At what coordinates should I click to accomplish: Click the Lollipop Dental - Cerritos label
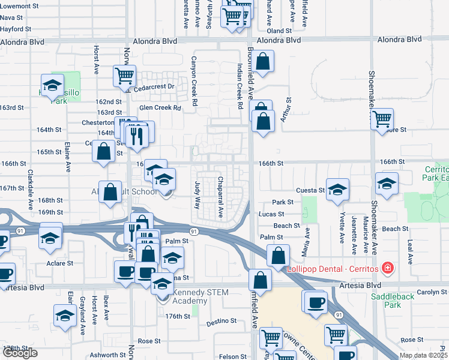333,268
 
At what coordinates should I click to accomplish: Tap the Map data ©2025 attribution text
423,355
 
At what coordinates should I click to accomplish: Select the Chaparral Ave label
220,197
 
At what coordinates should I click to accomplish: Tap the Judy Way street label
197,195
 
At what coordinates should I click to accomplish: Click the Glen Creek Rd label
160,108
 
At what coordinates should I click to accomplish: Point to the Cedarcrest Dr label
154,86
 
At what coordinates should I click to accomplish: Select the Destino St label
221,322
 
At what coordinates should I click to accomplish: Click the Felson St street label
229,356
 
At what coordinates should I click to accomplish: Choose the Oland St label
279,31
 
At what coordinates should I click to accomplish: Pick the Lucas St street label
271,214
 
